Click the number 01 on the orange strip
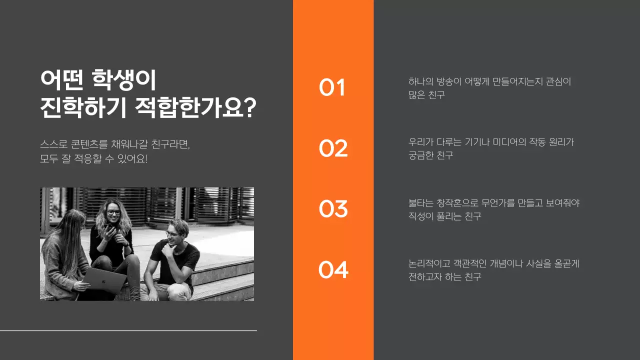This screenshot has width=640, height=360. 332,87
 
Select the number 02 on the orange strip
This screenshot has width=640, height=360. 333,148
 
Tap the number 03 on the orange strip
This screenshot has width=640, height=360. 333,209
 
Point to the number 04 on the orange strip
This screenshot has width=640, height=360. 333,270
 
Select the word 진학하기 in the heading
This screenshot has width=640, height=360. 82,108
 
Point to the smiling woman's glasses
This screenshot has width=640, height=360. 114,212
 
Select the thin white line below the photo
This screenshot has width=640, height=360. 128,330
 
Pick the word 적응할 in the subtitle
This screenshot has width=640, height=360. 97,159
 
